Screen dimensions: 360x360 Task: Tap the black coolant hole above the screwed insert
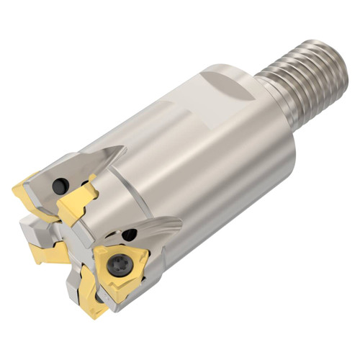(x=129, y=234)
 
